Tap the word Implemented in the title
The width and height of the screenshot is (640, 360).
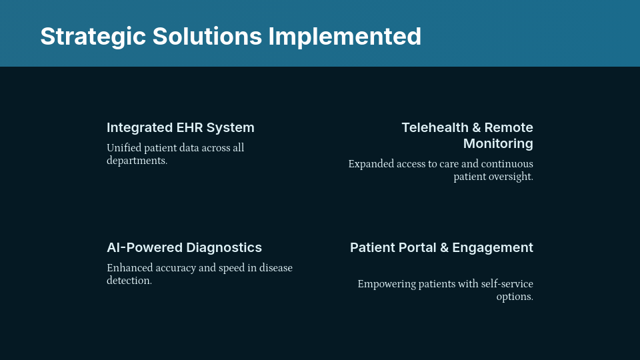(x=345, y=36)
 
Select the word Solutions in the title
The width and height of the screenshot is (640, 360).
(x=207, y=36)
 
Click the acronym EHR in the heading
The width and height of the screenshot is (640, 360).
(x=189, y=127)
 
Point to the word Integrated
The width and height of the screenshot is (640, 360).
(x=139, y=127)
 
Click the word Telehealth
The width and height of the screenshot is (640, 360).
(x=434, y=127)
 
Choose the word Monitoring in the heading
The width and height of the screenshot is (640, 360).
(x=498, y=143)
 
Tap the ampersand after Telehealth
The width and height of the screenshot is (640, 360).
(x=475, y=127)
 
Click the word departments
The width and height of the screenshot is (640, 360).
(x=136, y=161)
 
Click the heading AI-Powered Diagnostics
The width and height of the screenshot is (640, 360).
(x=184, y=247)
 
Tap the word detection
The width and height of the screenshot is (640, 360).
(x=129, y=281)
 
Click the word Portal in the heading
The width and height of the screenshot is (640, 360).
(x=417, y=247)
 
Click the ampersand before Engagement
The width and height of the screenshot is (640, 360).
(x=445, y=247)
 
